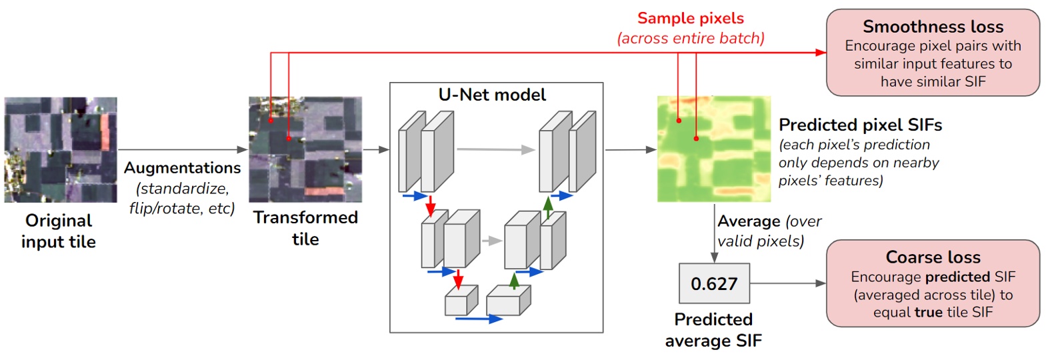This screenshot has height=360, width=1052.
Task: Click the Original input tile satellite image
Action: [x=61, y=149]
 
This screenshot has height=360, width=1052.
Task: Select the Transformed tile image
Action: [x=305, y=149]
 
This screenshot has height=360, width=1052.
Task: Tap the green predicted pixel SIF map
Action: [x=714, y=149]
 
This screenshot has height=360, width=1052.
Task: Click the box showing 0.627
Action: [x=714, y=283]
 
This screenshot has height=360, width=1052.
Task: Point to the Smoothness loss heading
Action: [x=933, y=27]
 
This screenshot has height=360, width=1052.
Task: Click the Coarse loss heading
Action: [x=933, y=257]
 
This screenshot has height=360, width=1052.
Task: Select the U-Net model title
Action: [x=492, y=95]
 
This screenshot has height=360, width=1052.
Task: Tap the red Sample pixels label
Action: [x=690, y=18]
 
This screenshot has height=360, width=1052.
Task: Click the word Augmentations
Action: [x=182, y=167]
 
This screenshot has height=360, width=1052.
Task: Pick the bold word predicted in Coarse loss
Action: [x=957, y=277]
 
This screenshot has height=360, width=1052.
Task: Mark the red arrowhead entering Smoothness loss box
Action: [x=821, y=53]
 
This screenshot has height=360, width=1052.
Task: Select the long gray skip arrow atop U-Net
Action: [x=496, y=150]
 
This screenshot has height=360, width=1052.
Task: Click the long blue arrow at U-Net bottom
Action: [x=479, y=319]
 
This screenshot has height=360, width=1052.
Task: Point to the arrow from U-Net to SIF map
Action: [x=631, y=150]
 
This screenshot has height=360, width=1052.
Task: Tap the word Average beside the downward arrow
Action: [x=749, y=221]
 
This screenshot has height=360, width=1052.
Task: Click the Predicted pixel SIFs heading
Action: [x=860, y=125]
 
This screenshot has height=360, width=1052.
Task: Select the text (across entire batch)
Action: [x=691, y=38]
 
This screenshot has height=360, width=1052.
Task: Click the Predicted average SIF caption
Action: [x=713, y=330]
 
